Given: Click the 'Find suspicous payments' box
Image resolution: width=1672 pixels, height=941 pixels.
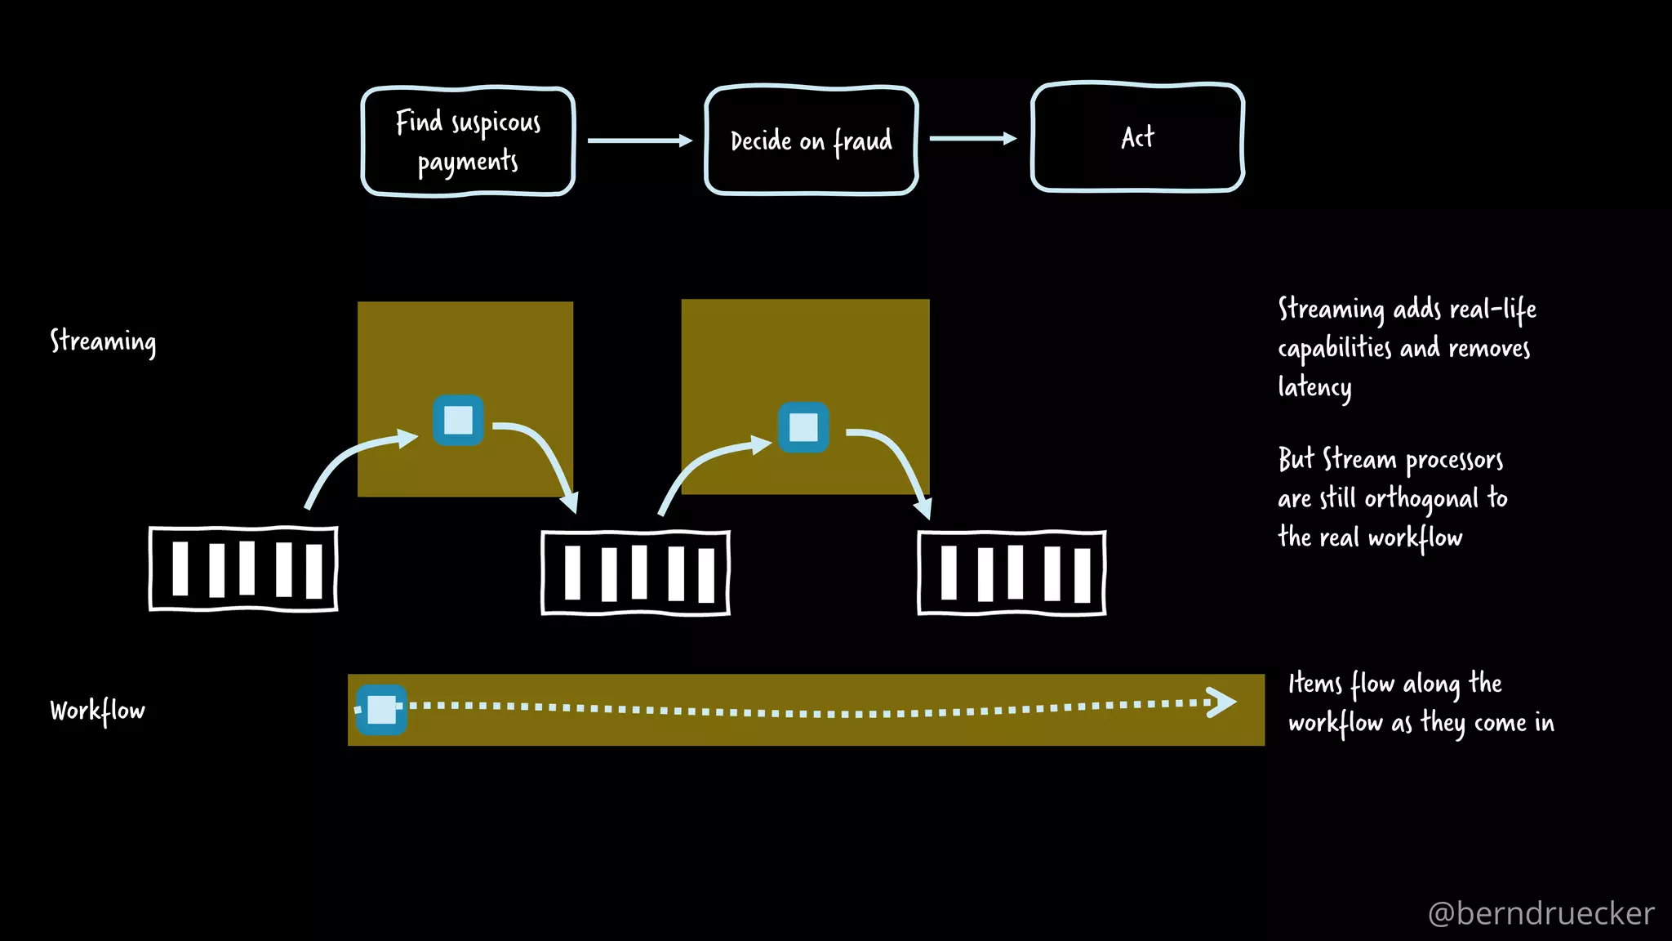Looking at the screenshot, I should pos(468,141).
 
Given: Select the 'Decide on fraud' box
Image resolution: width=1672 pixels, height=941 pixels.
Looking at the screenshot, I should pos(811,140).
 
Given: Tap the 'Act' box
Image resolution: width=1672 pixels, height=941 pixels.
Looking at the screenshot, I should pos(1137,137).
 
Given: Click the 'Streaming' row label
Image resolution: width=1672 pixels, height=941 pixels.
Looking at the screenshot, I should pos(103,341).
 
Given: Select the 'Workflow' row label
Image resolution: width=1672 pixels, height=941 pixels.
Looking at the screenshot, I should pos(97,711).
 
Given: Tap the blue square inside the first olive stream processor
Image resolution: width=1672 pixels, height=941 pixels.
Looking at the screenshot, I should pos(458,420).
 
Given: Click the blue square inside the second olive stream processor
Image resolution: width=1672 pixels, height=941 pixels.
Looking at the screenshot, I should pos(803,427).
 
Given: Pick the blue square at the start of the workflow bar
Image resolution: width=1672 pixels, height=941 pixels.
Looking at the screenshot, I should pos(381,709).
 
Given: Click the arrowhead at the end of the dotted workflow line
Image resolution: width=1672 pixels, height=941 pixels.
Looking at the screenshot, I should pos(1221,702).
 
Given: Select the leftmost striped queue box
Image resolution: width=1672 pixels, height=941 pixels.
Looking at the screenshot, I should pos(243,569).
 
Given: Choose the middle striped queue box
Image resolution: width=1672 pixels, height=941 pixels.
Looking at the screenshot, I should pos(635,573).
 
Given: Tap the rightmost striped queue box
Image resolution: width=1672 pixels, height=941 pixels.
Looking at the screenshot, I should pos(1012,573).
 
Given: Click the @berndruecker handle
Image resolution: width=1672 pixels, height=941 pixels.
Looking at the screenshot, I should pos(1541,913).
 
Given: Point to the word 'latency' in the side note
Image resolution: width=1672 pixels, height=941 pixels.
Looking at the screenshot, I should pos(1314,386).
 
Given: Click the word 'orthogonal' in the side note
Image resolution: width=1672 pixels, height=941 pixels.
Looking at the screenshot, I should pos(1421,498).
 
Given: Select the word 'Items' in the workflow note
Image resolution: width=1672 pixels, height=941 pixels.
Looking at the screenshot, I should pos(1314,683).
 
